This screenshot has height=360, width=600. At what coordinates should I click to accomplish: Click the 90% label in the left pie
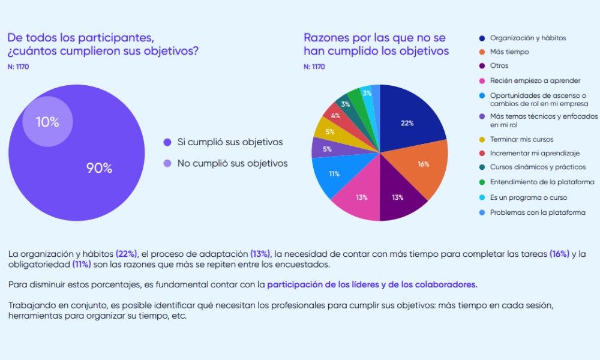coord(99,168)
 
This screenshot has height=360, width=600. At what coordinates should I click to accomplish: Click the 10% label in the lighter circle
coord(47,122)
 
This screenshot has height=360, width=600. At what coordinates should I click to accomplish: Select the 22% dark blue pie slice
coord(408,122)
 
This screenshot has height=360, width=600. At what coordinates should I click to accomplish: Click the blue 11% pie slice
coord(334,174)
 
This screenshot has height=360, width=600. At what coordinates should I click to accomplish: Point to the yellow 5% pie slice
coord(329,131)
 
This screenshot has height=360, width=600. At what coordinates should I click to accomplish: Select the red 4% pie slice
coord(335,115)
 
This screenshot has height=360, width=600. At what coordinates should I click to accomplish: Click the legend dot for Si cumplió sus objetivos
coord(167,142)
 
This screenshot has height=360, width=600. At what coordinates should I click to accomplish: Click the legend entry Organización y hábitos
coord(527,38)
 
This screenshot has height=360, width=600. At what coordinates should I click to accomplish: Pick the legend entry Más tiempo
coord(509,52)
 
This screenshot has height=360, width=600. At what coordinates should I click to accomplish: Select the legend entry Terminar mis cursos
coord(520,139)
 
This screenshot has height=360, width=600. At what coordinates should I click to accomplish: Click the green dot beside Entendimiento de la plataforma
coord(482,183)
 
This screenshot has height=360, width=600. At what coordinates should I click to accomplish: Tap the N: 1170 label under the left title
coord(18,67)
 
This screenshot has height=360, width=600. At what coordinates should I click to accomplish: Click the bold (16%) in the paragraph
coord(559,254)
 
